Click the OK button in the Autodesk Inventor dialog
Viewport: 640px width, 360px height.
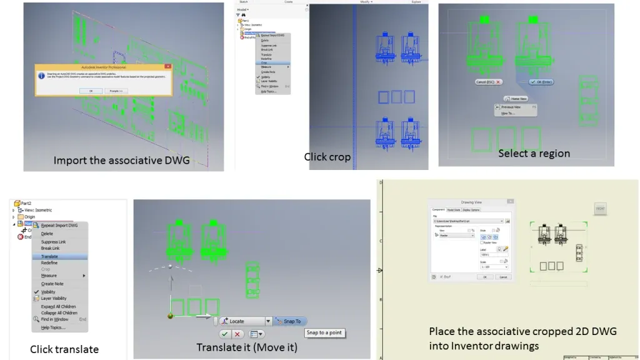coord(90,91)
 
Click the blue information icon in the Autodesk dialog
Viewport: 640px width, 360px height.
coord(41,75)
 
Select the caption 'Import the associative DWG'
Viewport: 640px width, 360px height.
coord(121,160)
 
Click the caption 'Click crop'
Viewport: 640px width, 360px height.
coord(327,157)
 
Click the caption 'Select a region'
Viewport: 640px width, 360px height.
coord(534,153)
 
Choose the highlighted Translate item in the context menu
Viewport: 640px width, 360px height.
coord(49,256)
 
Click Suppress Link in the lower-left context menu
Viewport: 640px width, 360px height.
coord(53,242)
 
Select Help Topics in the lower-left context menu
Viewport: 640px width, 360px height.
coord(53,327)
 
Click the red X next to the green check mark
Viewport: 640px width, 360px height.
coord(237,334)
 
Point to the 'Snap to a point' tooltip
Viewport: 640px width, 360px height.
coord(324,333)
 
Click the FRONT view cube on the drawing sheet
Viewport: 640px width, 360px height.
coord(599,209)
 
